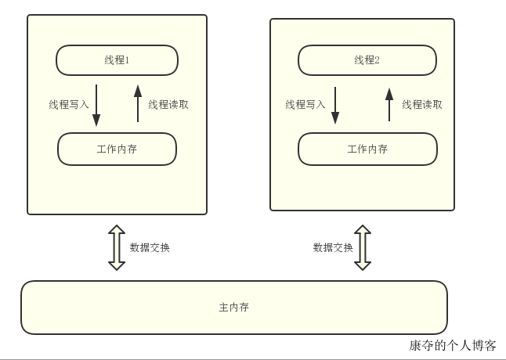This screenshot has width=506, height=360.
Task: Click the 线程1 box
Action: [117, 60]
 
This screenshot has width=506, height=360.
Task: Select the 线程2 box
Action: [367, 60]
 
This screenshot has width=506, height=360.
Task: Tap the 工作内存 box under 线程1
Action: [117, 149]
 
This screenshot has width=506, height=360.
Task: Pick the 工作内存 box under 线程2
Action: [367, 149]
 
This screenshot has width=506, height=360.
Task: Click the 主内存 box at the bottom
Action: [233, 307]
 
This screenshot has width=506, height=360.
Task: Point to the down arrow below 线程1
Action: [96, 106]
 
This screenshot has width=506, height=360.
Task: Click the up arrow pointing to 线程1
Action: [138, 103]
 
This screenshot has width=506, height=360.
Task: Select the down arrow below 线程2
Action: [335, 106]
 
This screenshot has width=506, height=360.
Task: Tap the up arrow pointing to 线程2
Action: [389, 104]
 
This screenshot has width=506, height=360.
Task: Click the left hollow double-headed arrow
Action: [117, 247]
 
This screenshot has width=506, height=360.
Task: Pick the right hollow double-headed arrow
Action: [362, 247]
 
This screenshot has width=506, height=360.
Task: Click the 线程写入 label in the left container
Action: [69, 104]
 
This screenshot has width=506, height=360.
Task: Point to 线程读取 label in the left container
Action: [168, 104]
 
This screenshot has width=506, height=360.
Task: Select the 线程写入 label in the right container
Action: [305, 104]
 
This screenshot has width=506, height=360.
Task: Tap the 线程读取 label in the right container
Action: [422, 104]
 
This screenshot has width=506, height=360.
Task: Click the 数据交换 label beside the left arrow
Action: [150, 247]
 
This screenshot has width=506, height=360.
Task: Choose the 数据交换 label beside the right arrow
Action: [333, 247]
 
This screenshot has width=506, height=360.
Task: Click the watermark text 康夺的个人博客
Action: [452, 345]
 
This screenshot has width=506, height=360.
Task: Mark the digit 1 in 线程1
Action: [128, 60]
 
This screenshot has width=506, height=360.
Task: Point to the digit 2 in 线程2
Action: [378, 60]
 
